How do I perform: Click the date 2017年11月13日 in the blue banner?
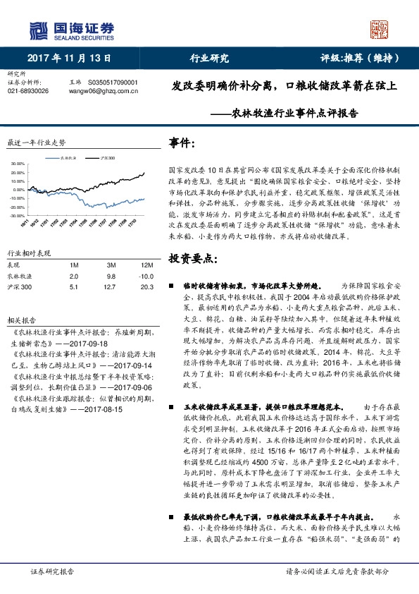[x=70, y=59]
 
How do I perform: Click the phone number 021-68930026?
[x=27, y=91]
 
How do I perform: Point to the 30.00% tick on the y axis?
[x=18, y=164]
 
